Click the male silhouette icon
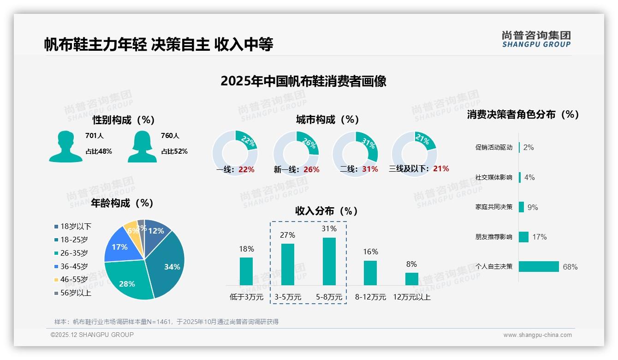[x=65, y=146]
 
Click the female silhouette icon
[x=142, y=146]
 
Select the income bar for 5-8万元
[x=329, y=261]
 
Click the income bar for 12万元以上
[x=411, y=279]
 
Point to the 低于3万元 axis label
[x=246, y=297]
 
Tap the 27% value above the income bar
[x=287, y=235]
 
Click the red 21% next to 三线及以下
[x=441, y=168]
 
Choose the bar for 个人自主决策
[x=539, y=266]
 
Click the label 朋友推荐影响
[x=493, y=237]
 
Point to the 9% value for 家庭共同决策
[x=533, y=207]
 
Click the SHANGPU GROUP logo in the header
[x=536, y=39]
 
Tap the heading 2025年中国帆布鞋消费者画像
[x=303, y=81]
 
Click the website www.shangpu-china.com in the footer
[x=537, y=335]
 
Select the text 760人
[x=170, y=136]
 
